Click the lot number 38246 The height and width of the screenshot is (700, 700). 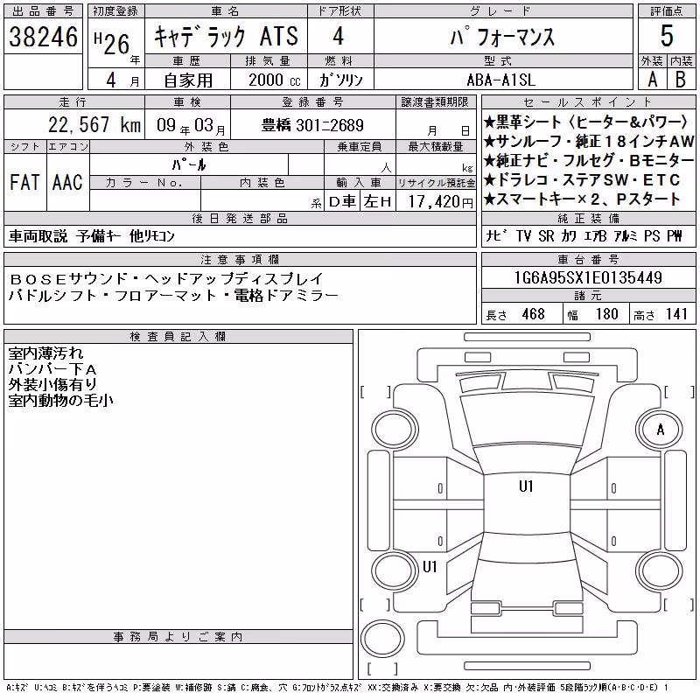[43, 37]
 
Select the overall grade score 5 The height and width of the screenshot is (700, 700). [667, 36]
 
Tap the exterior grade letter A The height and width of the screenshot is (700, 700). [652, 80]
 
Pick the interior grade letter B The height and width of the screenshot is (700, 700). [681, 80]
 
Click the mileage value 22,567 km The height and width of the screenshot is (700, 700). [94, 124]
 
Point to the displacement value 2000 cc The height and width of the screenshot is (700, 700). [274, 80]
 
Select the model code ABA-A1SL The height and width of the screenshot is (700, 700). [500, 80]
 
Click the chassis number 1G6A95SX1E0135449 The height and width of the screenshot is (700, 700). [588, 277]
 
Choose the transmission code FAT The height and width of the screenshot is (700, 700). [24, 183]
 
